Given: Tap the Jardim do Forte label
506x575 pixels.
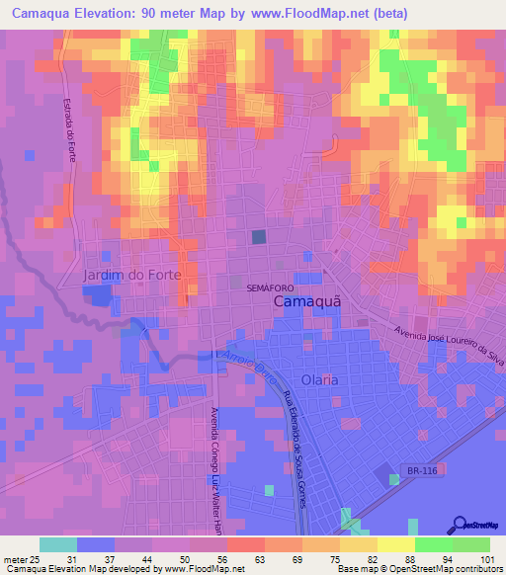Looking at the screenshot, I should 134,275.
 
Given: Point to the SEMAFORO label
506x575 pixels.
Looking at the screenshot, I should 271,287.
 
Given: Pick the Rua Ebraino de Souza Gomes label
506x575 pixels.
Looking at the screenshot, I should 294,450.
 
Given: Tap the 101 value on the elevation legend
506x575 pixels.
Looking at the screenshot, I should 487,559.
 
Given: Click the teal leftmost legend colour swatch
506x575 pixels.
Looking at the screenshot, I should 57,544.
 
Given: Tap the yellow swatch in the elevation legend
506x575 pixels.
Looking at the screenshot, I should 395,544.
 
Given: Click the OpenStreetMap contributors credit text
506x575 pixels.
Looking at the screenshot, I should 445,570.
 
